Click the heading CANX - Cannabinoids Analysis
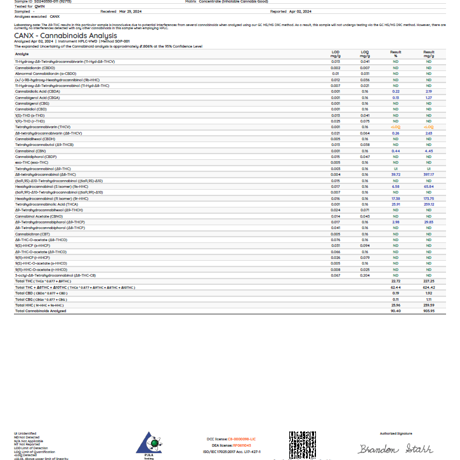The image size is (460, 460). (65, 36)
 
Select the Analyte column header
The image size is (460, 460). (22, 54)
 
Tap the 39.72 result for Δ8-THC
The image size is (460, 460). (396, 173)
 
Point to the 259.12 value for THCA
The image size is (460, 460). (429, 204)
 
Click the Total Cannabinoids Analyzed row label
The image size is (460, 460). (41, 311)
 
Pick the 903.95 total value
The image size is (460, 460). (429, 311)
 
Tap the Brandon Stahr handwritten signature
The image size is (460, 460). (395, 449)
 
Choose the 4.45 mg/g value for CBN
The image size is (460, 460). (429, 151)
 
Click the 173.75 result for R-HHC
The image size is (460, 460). (429, 199)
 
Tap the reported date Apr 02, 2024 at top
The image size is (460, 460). (299, 11)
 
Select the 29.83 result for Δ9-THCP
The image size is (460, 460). (429, 223)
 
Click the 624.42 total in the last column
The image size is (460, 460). (429, 287)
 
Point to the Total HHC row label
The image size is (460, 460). (39, 305)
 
